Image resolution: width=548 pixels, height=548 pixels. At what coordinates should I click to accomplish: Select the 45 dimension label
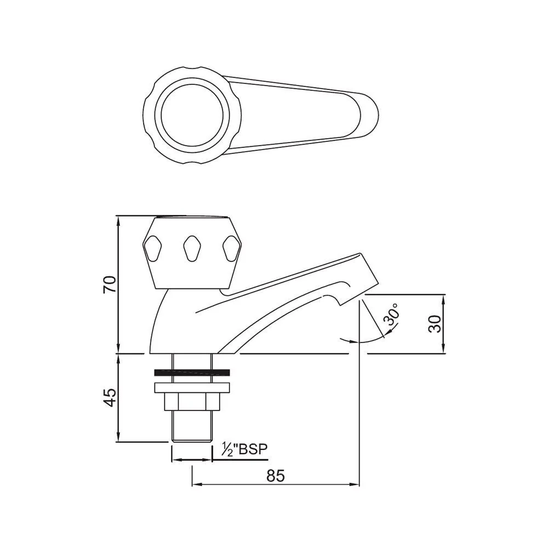(x=111, y=397)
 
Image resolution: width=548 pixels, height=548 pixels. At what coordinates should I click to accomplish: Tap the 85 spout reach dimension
(x=276, y=476)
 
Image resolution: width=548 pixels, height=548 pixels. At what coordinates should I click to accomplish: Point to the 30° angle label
(x=392, y=318)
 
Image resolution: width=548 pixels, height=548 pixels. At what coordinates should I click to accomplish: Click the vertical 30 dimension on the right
(x=435, y=323)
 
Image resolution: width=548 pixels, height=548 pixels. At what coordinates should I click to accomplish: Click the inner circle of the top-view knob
(x=191, y=116)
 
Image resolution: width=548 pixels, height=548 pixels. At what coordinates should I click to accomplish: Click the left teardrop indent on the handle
(x=153, y=249)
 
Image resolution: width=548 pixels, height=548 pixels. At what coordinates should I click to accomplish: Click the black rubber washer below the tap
(x=191, y=373)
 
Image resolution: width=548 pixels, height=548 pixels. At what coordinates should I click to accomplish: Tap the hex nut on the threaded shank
(x=191, y=402)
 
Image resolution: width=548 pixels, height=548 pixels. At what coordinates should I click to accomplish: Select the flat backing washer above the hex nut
(x=191, y=387)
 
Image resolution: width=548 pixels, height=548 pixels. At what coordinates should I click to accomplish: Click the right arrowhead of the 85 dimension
(x=356, y=484)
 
